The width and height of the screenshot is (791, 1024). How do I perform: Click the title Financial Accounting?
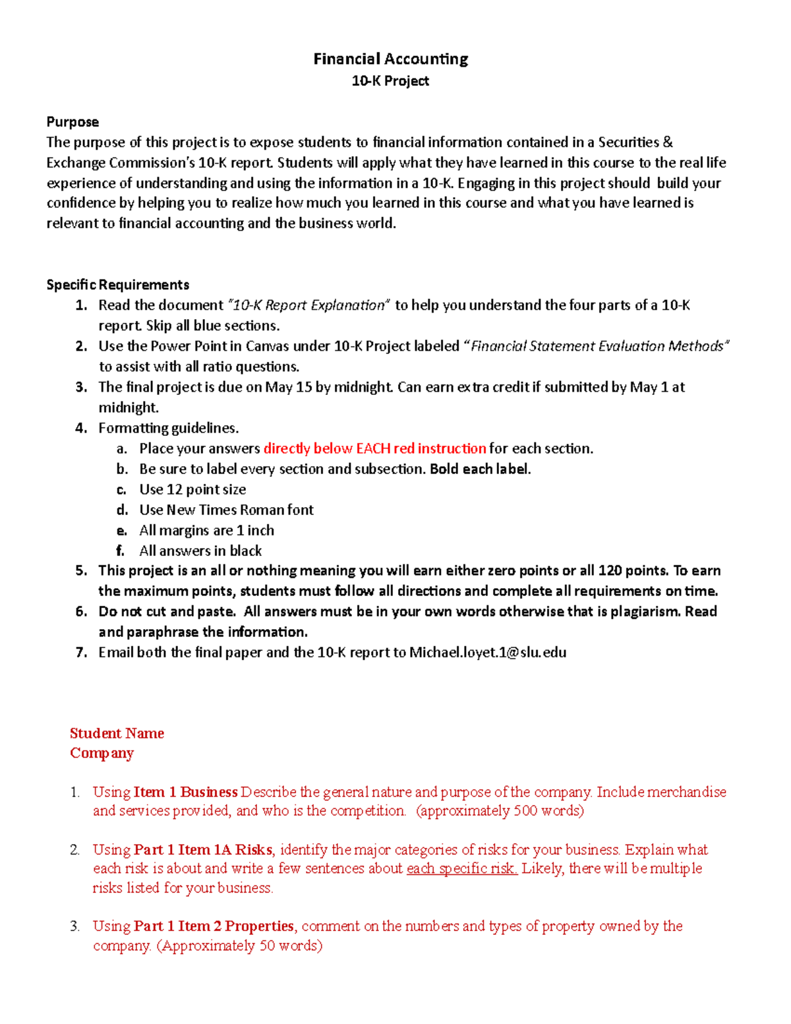coord(390,59)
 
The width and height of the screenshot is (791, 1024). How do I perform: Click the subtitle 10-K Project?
coord(390,81)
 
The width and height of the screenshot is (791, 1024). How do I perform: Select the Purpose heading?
coord(73,122)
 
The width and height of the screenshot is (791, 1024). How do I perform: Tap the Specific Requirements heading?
coord(117,285)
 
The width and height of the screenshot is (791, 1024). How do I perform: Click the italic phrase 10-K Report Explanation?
coord(308,305)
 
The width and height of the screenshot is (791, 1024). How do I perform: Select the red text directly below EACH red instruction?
coord(374,448)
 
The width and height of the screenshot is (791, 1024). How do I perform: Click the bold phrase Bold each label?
coord(479,469)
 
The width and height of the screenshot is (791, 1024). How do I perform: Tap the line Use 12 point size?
coord(192,489)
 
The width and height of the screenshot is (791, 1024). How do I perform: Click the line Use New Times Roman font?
coord(226,510)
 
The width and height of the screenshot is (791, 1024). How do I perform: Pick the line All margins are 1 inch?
coord(206,530)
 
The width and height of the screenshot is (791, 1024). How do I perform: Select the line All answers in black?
coord(200,551)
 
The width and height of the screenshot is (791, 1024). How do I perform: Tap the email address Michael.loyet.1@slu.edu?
coord(488,652)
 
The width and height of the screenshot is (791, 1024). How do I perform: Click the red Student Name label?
coord(117,733)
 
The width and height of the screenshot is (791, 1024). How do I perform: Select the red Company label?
coord(102,753)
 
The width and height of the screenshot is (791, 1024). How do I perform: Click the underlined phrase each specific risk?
coord(461,868)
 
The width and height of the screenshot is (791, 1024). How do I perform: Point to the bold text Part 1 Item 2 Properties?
coord(214,926)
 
